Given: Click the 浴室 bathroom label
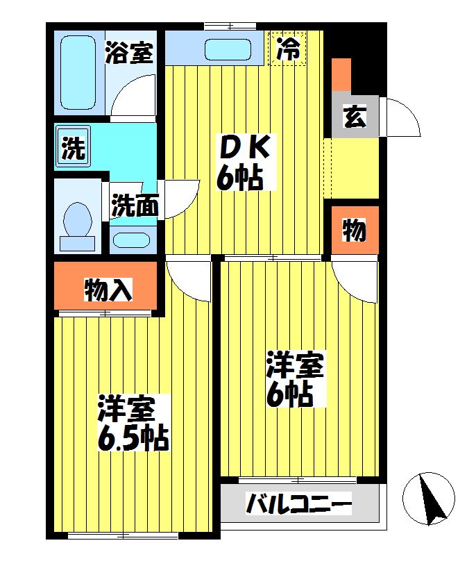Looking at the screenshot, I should pyautogui.click(x=129, y=53).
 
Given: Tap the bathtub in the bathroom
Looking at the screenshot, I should pyautogui.click(x=77, y=73).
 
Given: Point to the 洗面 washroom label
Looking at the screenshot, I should pyautogui.click(x=135, y=206).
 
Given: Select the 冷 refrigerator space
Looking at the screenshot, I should pyautogui.click(x=288, y=49).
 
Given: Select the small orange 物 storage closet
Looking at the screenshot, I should pyautogui.click(x=354, y=230).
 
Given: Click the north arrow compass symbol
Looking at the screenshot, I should pyautogui.click(x=430, y=496).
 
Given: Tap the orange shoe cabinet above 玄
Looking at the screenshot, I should pyautogui.click(x=341, y=76).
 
